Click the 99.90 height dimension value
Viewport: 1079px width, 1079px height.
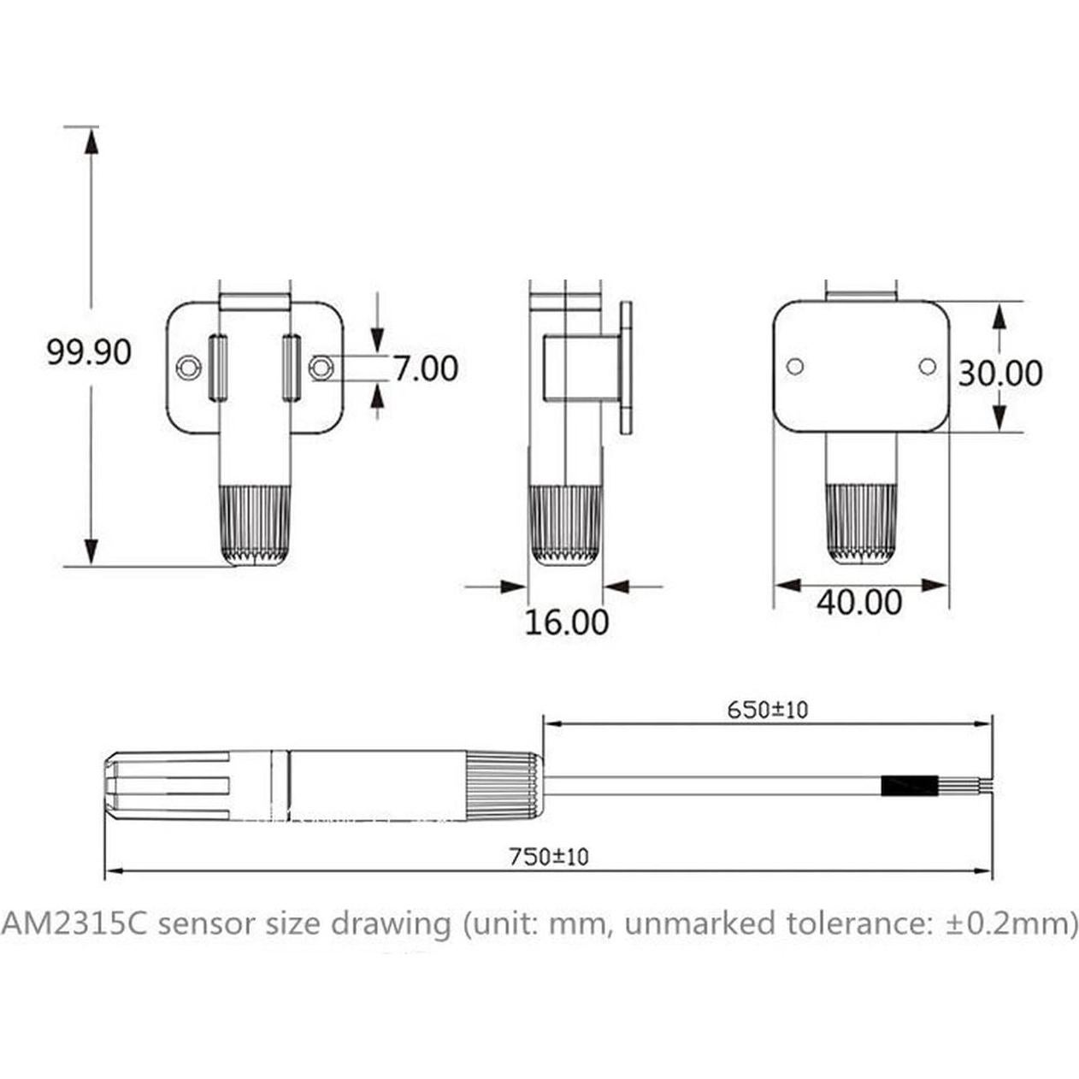(x=89, y=351)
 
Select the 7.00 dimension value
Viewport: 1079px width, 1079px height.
(x=425, y=369)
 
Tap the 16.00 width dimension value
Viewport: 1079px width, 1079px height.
(x=566, y=622)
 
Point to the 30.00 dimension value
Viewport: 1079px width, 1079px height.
(x=999, y=374)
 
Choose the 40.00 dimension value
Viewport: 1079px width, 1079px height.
(x=858, y=603)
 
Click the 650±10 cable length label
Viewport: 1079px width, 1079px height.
(x=767, y=710)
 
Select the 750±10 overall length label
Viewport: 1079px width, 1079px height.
(x=548, y=856)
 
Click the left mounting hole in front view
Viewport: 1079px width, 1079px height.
(x=187, y=368)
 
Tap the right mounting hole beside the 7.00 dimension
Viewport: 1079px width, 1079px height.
(x=321, y=368)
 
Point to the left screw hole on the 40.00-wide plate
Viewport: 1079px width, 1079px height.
(x=795, y=366)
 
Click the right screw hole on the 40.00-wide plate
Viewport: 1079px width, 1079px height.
(x=928, y=366)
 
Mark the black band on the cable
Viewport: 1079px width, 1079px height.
(x=910, y=786)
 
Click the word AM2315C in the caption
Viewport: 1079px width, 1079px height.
(x=74, y=923)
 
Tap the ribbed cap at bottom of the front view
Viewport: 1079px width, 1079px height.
(x=255, y=524)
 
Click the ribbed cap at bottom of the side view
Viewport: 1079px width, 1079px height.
(x=565, y=524)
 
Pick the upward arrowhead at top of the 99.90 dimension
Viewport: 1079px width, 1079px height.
(x=91, y=141)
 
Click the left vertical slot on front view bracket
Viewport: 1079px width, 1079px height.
(x=218, y=368)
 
